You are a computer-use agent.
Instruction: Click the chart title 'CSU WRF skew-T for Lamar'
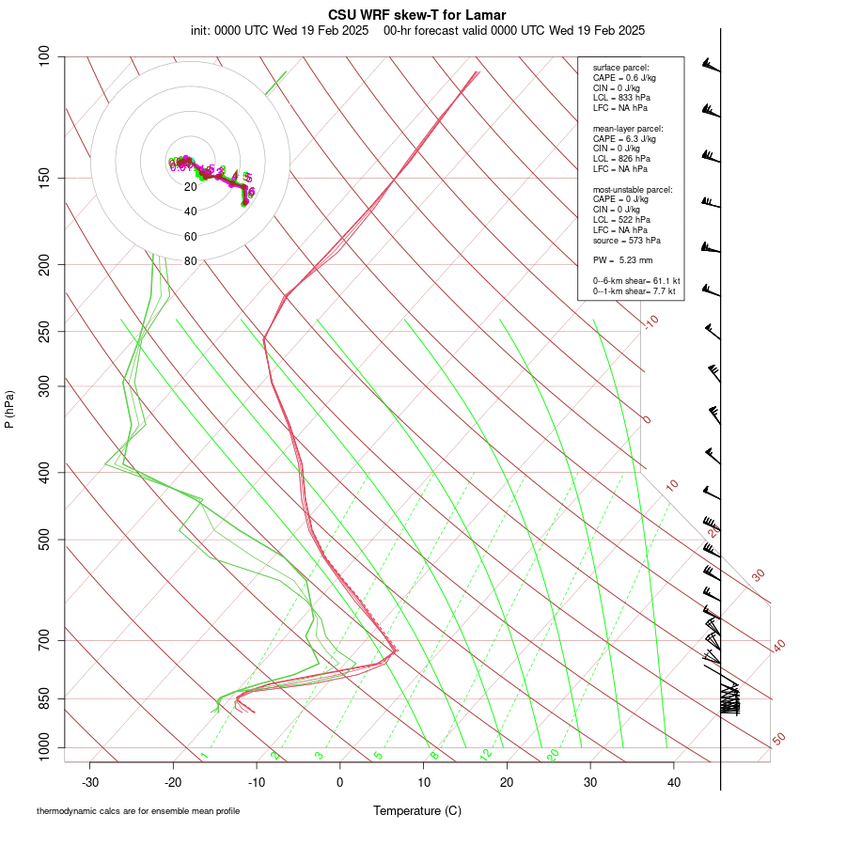416,15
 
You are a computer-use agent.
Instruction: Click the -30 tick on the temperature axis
90,782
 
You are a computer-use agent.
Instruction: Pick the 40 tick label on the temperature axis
673,782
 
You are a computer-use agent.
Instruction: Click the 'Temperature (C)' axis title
416,810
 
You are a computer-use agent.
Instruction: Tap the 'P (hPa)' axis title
10,409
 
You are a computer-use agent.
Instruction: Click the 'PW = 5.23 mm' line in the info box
622,259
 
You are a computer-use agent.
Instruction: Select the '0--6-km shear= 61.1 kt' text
636,281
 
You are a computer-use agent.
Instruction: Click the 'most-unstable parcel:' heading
633,189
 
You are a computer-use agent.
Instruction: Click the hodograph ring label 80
191,261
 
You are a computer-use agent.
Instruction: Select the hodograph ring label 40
191,211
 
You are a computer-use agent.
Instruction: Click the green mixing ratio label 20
554,755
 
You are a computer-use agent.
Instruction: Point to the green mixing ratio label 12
486,755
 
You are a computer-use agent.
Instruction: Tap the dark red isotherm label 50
778,740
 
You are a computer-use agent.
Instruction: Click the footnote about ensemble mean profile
138,811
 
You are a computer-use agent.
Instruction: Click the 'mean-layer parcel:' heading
628,128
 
